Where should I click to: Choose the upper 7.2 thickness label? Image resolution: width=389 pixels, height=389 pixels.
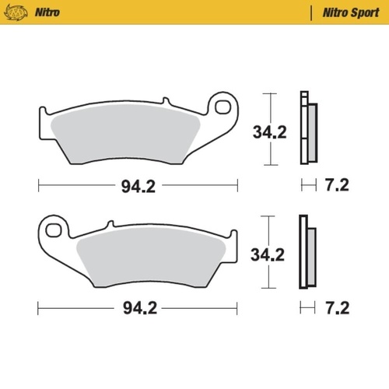[337, 185]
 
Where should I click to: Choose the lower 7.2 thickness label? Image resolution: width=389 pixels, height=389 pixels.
[337, 307]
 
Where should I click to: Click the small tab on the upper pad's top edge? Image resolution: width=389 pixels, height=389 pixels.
[165, 102]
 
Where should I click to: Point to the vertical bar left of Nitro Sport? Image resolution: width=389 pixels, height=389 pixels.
[312, 12]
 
